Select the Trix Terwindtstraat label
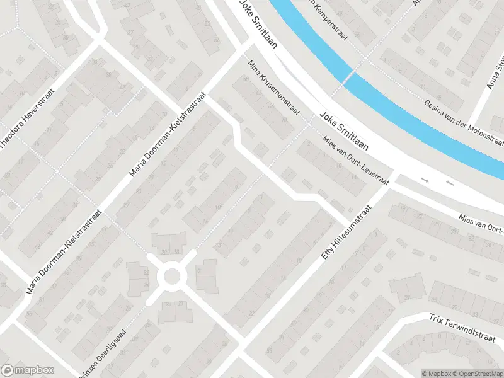[463, 328]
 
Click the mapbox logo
[28, 370]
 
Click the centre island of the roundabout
[172, 275]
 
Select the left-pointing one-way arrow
[449, 183]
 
